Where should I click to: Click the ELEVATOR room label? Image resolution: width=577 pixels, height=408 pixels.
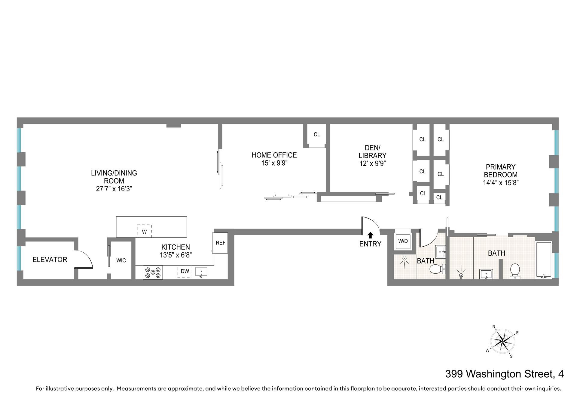click(x=50, y=260)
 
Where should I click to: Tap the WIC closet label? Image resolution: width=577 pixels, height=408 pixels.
click(x=121, y=260)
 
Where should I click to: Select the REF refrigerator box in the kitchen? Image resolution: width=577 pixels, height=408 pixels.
click(x=221, y=243)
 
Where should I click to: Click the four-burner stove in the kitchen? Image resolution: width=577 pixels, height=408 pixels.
click(x=153, y=273)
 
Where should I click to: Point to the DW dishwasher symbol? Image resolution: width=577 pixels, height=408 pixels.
click(x=185, y=272)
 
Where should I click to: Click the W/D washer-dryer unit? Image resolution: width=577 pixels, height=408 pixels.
click(x=403, y=241)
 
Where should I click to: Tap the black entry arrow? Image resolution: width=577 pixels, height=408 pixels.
click(x=371, y=235)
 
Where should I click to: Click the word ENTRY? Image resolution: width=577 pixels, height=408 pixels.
click(x=370, y=244)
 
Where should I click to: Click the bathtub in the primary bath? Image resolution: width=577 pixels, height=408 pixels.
click(x=544, y=260)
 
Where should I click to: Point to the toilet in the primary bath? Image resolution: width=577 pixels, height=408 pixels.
click(x=515, y=271)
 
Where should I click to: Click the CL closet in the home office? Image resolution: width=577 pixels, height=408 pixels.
click(x=317, y=136)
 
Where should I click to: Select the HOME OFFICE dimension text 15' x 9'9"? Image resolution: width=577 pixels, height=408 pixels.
click(x=274, y=163)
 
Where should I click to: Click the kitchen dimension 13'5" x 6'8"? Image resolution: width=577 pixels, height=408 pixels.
click(x=176, y=255)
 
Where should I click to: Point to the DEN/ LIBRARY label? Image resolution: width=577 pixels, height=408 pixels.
click(x=373, y=152)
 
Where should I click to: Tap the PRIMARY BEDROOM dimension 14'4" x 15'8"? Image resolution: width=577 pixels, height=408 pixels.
click(x=501, y=183)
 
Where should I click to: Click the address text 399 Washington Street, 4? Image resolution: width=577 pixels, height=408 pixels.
click(x=505, y=374)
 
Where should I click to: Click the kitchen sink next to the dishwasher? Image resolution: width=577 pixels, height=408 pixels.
click(x=201, y=272)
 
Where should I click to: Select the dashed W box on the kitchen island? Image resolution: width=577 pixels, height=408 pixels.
click(x=144, y=231)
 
